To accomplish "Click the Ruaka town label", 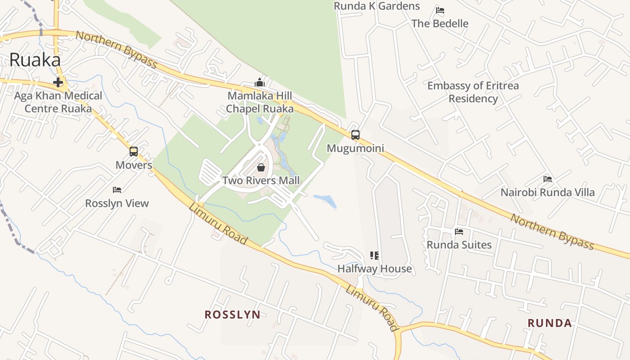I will point(35,60).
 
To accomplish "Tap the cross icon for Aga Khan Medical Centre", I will point(58,82).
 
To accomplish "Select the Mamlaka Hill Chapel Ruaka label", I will point(260,102).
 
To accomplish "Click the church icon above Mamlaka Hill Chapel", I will point(260,82).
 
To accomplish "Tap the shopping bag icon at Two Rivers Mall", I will point(261,168).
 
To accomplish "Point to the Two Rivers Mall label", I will point(261,180).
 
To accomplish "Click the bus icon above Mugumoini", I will point(355,135).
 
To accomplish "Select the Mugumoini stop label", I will point(355,148).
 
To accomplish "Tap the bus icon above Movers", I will point(134,152).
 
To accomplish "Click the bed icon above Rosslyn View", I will point(117,190).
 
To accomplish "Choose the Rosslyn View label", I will point(117,203).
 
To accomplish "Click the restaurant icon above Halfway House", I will point(374,256).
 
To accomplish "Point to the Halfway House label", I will point(374,269).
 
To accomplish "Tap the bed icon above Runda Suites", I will point(459,232).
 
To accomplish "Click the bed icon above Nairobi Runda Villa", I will point(548,179).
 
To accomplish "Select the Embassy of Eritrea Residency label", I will point(473,92).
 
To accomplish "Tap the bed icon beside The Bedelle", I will point(440,10).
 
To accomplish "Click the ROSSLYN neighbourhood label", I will point(232,315).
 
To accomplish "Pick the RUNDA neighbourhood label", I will point(549,323).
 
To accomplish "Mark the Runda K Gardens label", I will point(377,6).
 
